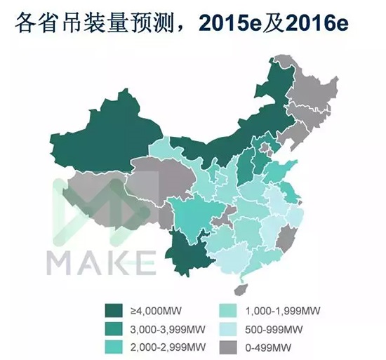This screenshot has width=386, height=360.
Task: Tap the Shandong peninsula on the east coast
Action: click(288, 168)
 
